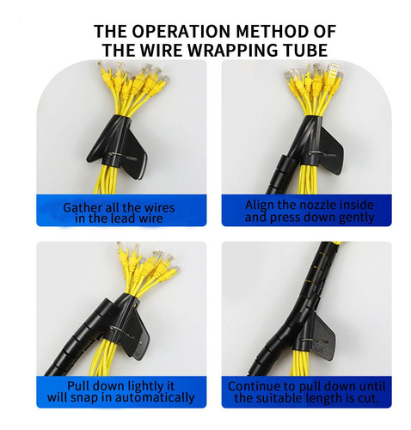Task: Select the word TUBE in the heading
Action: coord(304,50)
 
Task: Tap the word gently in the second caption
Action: coord(356,218)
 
